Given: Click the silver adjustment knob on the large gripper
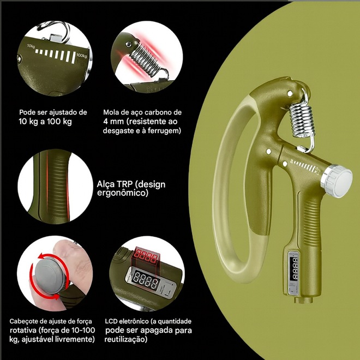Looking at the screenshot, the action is [337, 180].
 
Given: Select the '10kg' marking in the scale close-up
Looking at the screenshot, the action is [31, 46].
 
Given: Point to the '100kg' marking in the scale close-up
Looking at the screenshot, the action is [82, 56].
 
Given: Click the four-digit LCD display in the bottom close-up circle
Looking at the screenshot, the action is [146, 280].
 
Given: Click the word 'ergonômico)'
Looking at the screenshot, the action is [123, 193].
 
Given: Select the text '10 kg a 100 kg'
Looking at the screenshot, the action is [45, 122].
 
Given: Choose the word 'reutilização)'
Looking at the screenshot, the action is [126, 339].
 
